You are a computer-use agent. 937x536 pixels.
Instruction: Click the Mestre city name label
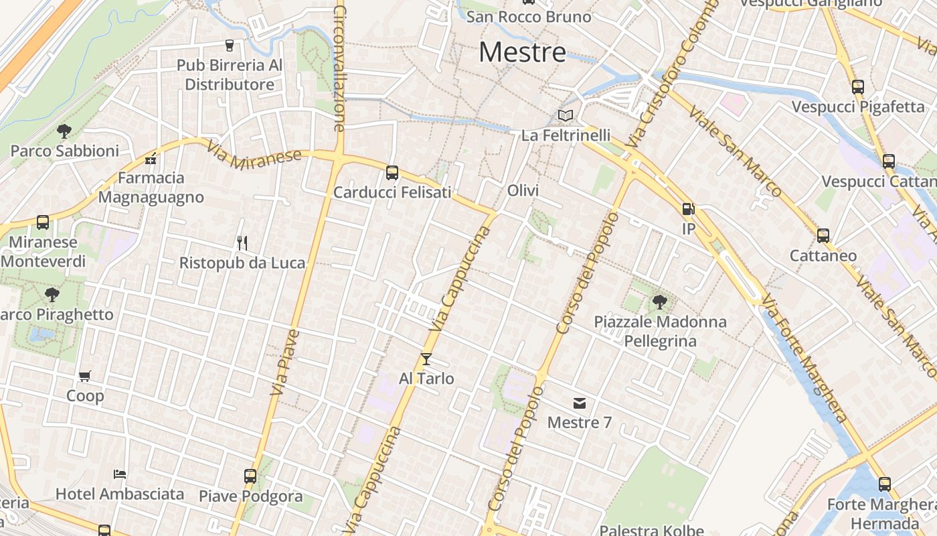[522, 52]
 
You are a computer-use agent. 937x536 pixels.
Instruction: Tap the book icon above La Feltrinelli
[566, 115]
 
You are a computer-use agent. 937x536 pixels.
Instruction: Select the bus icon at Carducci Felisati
[392, 173]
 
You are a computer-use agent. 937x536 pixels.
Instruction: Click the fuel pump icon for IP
[688, 209]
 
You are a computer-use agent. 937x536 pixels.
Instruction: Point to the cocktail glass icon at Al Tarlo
[426, 359]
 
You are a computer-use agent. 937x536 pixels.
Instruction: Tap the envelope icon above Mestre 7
[580, 403]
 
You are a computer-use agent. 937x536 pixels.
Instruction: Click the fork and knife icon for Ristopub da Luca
[242, 243]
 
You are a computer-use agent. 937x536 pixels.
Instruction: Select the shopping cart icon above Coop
[85, 377]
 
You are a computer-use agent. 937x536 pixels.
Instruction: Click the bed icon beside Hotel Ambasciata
[119, 474]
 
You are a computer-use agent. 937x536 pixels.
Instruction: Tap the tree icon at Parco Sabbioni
[64, 131]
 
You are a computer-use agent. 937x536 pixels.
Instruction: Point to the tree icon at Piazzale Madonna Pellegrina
[660, 302]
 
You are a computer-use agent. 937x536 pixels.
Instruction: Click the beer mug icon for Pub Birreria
[230, 46]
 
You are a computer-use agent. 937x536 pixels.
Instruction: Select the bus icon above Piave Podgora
[250, 476]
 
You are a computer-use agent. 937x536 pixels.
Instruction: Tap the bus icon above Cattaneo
[823, 236]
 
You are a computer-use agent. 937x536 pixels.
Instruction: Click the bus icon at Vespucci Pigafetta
[858, 86]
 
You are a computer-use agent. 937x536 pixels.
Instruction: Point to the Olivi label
[523, 191]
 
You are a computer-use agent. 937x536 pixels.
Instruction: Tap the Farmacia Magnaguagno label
[151, 188]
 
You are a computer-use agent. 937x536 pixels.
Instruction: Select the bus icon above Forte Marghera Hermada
[885, 484]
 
